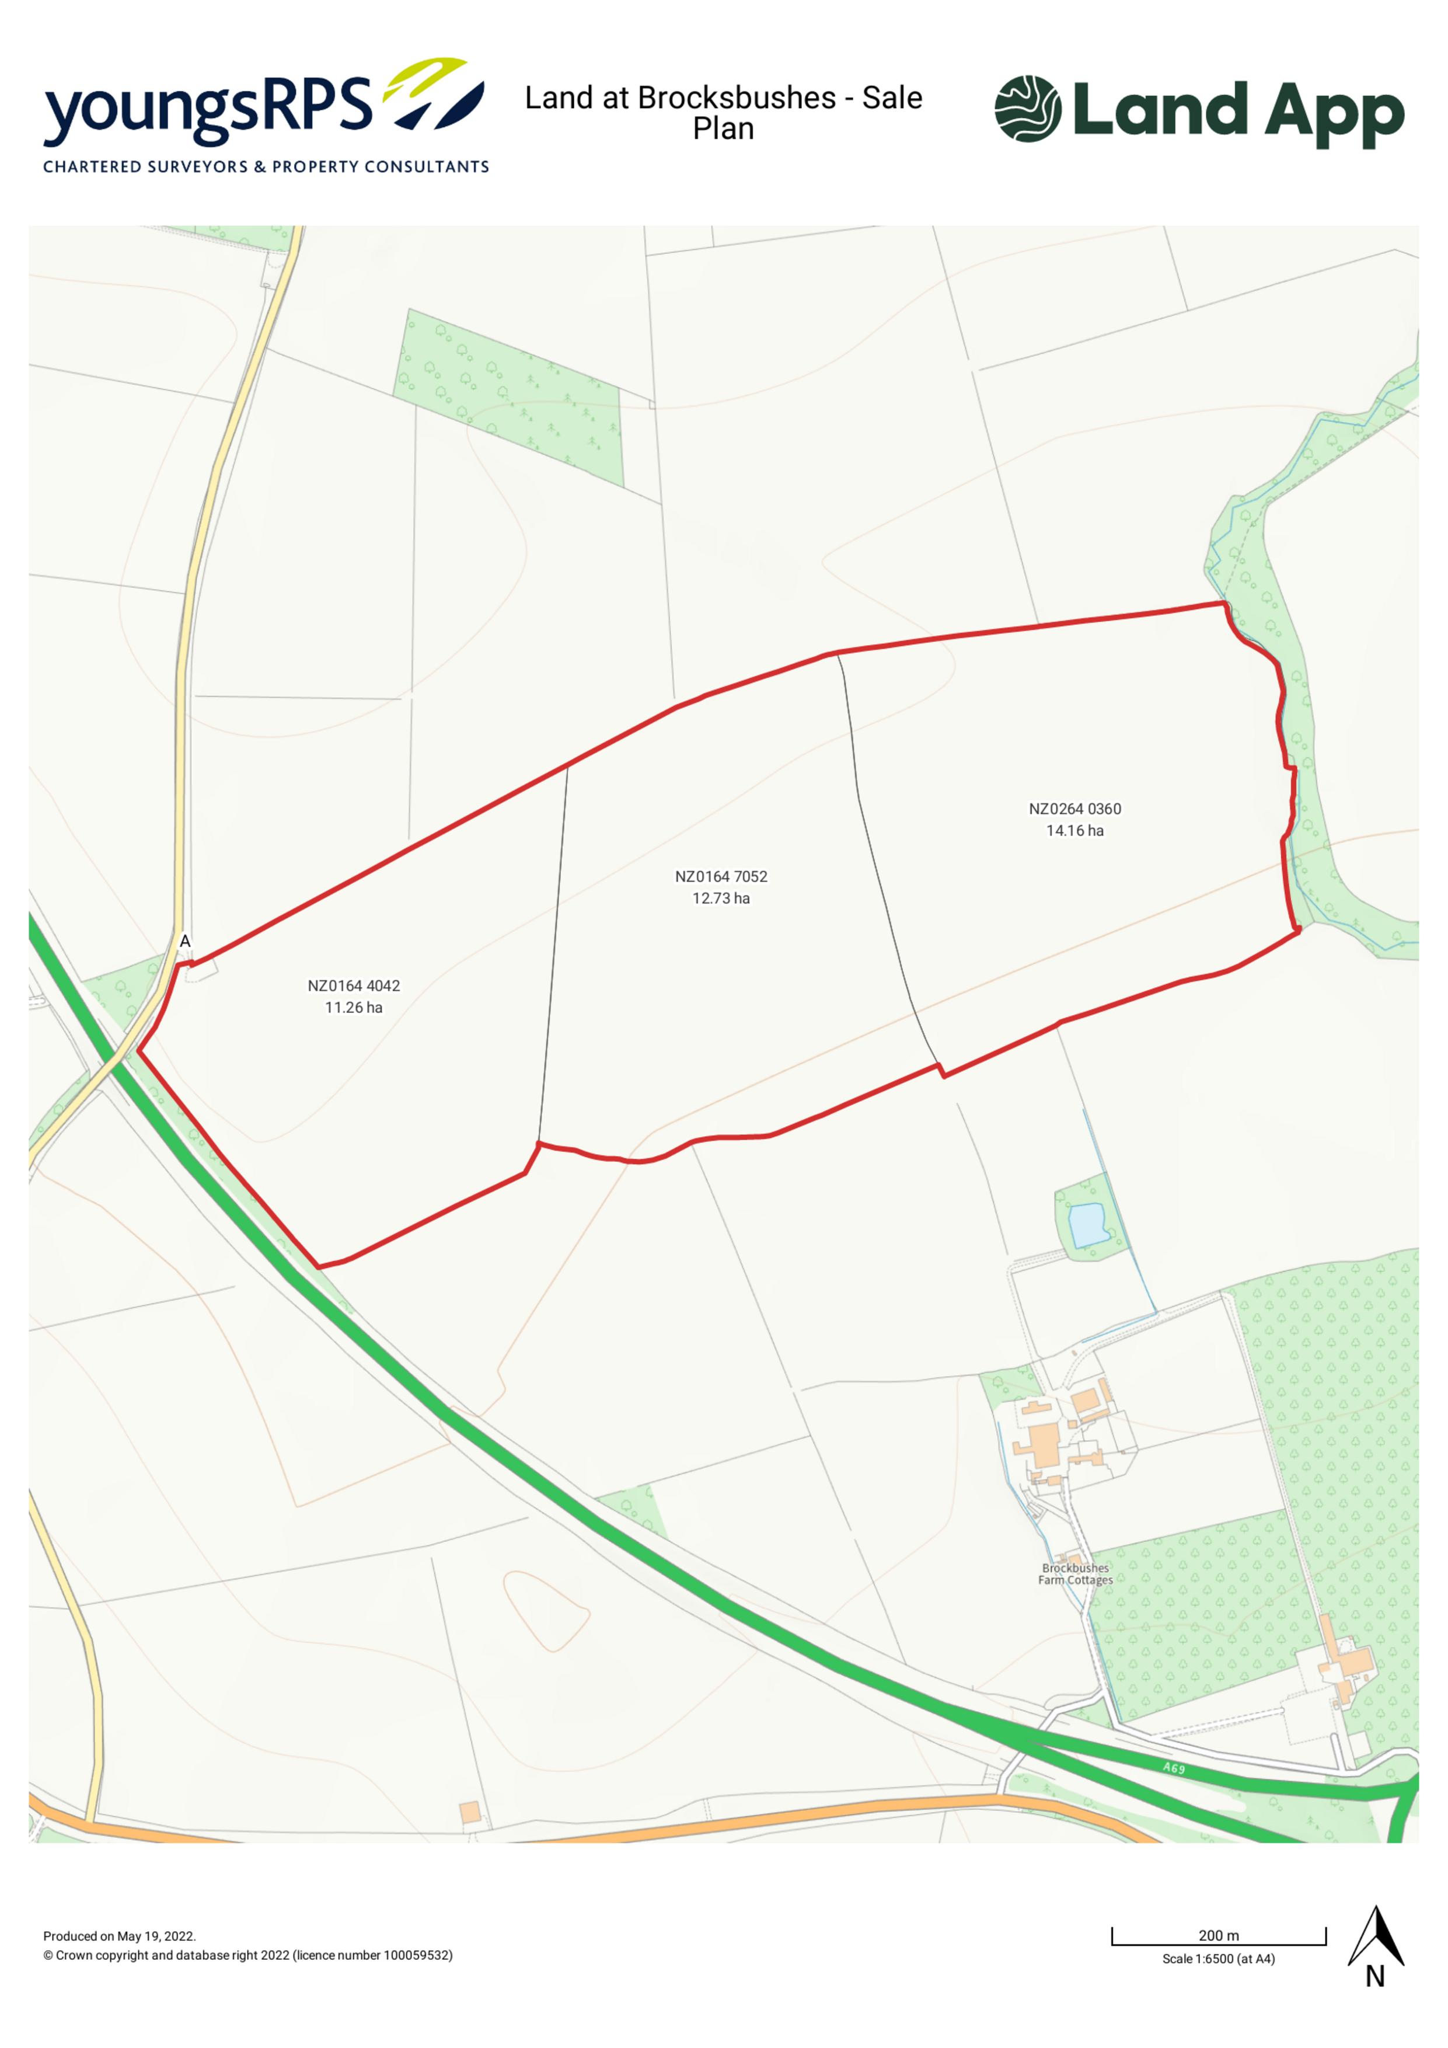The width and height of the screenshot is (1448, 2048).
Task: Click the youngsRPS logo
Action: point(264,103)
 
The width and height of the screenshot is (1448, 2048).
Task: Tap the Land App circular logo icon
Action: point(1027,109)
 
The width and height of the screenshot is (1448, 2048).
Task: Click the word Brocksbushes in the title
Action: point(737,97)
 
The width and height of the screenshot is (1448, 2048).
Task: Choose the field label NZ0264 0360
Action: point(1074,809)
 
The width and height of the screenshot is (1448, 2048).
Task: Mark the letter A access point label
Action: point(186,941)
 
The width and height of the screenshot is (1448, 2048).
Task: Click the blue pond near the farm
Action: point(1088,1224)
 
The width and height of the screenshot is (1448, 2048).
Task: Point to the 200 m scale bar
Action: point(1218,1935)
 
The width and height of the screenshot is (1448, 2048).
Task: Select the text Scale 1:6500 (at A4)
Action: point(1218,1959)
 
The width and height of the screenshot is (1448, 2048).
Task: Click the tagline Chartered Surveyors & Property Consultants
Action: point(266,167)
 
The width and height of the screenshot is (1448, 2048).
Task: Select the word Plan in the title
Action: point(723,130)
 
